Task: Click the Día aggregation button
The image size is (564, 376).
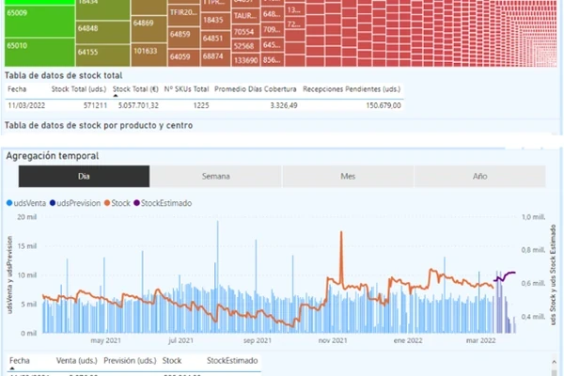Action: click(x=84, y=176)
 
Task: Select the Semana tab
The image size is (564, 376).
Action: click(x=215, y=176)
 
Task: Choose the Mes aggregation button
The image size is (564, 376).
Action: click(x=347, y=176)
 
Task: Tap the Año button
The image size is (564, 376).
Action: click(x=478, y=176)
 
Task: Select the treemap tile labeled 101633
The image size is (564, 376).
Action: click(x=145, y=52)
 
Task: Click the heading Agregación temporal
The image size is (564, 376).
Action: click(x=52, y=155)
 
